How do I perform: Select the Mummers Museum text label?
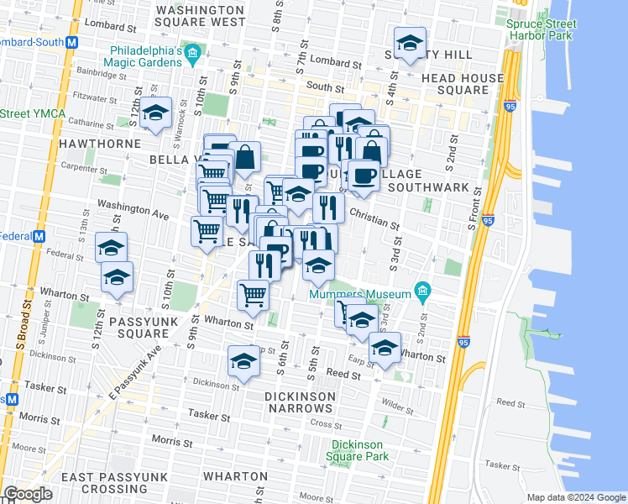tap(360, 294)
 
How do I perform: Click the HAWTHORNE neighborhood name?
tap(99, 144)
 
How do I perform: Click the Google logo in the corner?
tap(28, 494)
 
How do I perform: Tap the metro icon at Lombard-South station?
tap(71, 41)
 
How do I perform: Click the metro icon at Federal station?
tap(38, 236)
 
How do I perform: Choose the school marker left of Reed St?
tap(243, 363)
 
